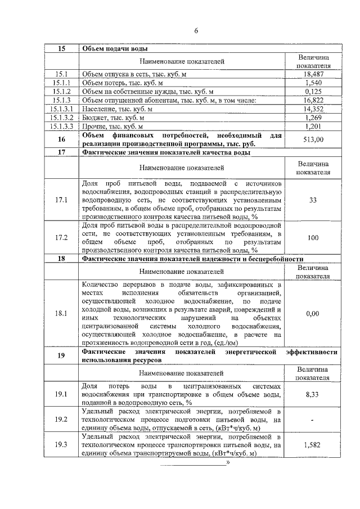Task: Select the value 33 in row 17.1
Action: [x=313, y=200]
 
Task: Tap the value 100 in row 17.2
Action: [x=313, y=238]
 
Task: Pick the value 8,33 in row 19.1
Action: [x=313, y=395]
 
